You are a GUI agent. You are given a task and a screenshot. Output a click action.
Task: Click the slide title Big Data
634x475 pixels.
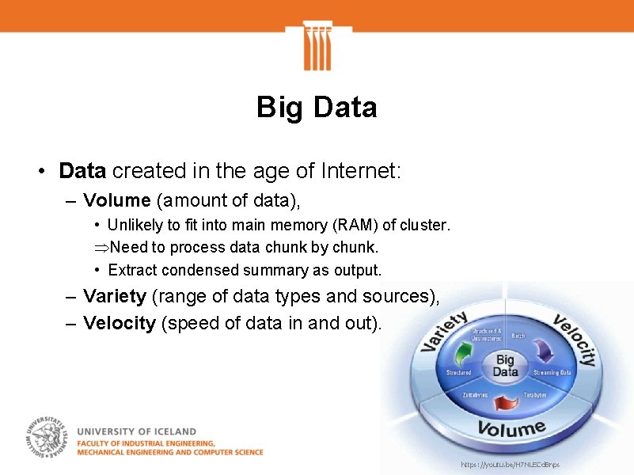(317, 107)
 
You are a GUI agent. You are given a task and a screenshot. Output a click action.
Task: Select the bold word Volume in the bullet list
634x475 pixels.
(116, 199)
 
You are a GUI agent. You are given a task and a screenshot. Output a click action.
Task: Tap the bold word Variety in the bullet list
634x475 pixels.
(115, 296)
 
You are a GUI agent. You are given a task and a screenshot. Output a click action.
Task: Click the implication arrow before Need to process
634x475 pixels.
(101, 248)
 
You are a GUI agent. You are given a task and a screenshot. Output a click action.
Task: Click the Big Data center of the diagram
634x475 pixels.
(505, 366)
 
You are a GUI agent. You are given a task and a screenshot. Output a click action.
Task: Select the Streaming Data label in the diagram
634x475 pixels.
(552, 372)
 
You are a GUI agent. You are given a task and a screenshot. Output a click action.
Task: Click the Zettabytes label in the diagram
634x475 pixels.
(475, 394)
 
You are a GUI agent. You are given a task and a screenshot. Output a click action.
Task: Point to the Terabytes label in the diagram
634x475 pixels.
(536, 394)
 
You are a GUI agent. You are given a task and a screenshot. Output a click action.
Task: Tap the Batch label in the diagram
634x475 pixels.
(518, 336)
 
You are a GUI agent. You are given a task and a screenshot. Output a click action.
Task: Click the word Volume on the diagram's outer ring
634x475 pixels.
(511, 429)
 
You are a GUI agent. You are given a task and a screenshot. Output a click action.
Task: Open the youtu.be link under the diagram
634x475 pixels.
(510, 464)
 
